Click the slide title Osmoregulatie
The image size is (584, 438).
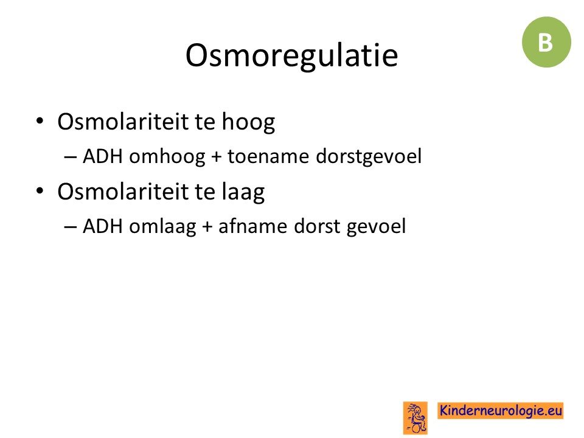[291, 56]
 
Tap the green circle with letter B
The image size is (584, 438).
[546, 42]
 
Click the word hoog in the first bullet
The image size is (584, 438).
[248, 122]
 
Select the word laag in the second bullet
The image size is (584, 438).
[243, 192]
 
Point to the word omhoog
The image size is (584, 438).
[167, 156]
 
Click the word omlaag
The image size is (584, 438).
[163, 226]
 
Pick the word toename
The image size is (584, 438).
[268, 156]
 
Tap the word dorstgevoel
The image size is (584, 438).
[369, 156]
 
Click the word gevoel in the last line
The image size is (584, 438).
[376, 226]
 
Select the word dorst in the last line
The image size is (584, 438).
[317, 226]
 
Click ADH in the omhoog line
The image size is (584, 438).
[103, 156]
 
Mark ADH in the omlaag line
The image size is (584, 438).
[103, 226]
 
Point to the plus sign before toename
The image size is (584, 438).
[217, 157]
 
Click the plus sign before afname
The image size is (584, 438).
[207, 227]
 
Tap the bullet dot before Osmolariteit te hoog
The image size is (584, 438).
[40, 121]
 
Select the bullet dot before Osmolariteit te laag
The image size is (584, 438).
[40, 191]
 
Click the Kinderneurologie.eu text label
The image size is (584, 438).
[500, 411]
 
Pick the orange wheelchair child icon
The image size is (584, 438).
[415, 418]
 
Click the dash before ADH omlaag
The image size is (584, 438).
[71, 227]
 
